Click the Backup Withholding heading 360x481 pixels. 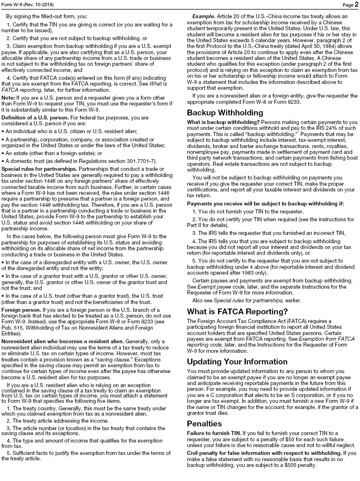225,113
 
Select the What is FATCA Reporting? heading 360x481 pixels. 237,311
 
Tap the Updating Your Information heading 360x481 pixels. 237,361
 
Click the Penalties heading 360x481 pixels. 204,424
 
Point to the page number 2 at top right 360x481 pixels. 356,5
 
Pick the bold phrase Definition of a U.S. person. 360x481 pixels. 40,117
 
